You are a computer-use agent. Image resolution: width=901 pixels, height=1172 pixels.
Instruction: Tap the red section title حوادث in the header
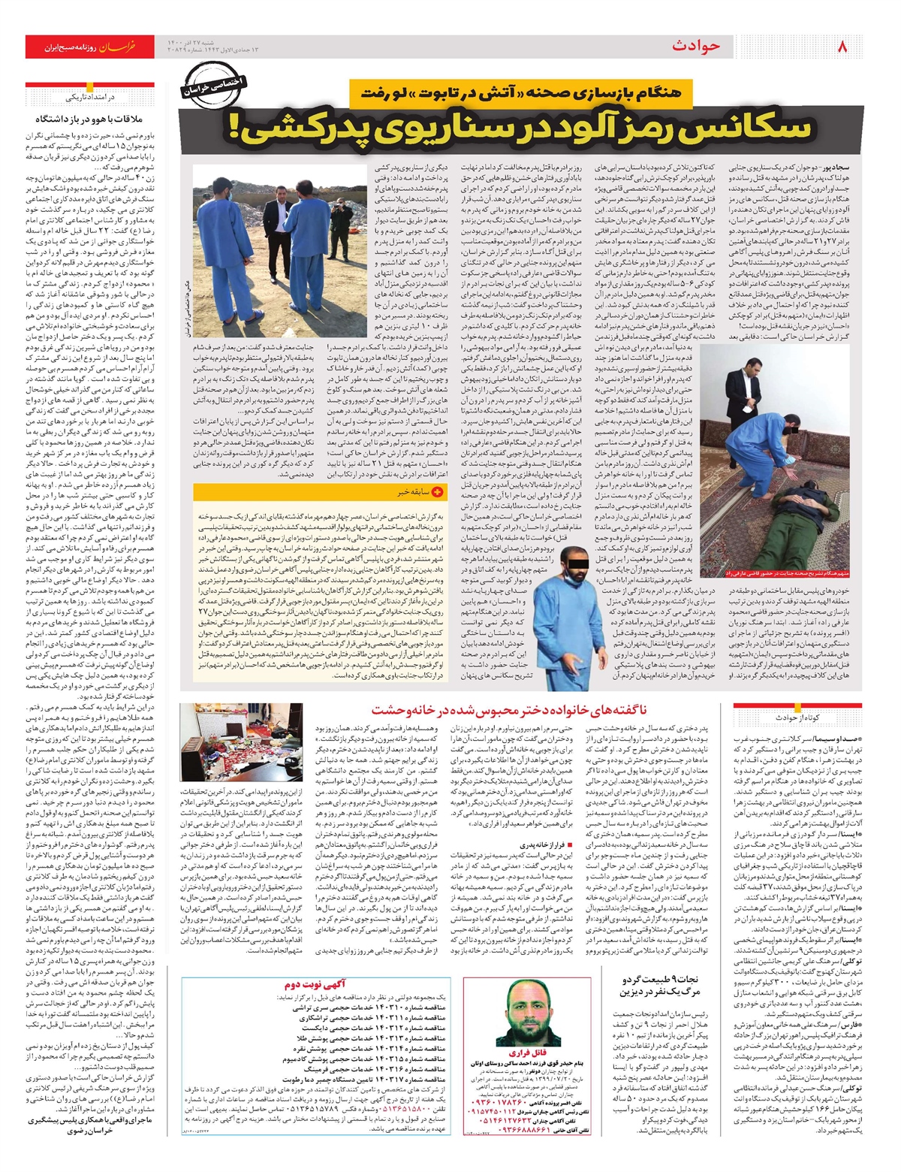pos(695,47)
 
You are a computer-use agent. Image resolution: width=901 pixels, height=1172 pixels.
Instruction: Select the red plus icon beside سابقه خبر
pos(438,492)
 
